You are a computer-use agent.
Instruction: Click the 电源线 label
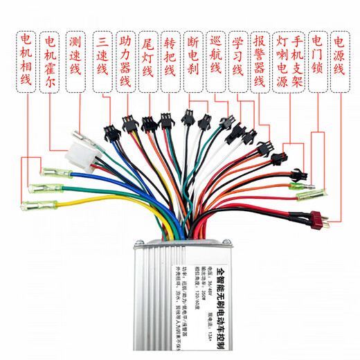[x=341, y=53]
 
